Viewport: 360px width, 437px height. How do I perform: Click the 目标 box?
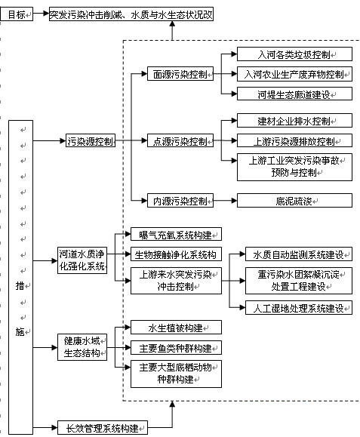click(x=17, y=14)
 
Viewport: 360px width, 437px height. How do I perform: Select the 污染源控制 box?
click(x=91, y=140)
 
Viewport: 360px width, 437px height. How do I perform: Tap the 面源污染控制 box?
click(x=180, y=74)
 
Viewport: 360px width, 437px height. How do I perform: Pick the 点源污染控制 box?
click(x=180, y=140)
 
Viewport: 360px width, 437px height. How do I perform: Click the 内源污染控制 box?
click(x=180, y=200)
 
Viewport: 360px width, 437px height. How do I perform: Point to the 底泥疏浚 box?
click(x=294, y=200)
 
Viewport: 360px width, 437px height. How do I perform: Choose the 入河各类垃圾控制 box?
click(x=294, y=54)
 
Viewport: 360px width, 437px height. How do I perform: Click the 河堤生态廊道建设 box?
click(x=294, y=94)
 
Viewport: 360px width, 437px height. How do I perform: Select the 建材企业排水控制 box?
click(x=294, y=121)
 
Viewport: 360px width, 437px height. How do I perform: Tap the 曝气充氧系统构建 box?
click(x=176, y=234)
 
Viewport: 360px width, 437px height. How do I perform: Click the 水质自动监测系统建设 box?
click(x=299, y=254)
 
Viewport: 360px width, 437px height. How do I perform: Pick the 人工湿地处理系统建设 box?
click(x=299, y=308)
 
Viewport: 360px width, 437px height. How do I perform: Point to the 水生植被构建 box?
click(x=176, y=328)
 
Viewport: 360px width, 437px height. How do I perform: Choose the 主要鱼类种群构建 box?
click(x=176, y=347)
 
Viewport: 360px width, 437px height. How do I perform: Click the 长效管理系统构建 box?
click(x=102, y=427)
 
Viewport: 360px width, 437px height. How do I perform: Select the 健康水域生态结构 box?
click(x=82, y=347)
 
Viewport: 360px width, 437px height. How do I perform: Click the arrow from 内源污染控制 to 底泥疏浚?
click(x=225, y=200)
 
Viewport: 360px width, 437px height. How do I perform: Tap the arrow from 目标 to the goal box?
click(x=42, y=13)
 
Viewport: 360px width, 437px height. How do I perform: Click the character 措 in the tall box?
click(x=20, y=285)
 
